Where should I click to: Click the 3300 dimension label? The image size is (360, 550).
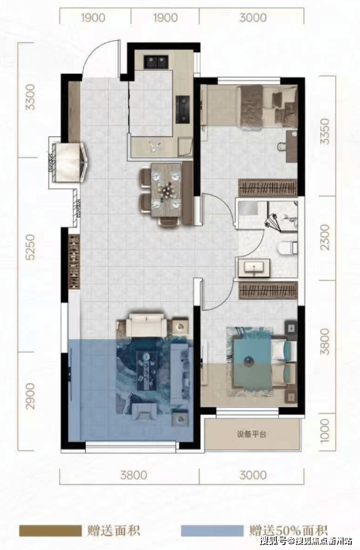[31, 97]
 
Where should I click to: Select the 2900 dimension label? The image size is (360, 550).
[31, 396]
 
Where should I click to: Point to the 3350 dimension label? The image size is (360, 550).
[325, 131]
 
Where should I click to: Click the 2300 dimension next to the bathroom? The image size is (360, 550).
[325, 237]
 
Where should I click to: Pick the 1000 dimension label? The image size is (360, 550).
[325, 430]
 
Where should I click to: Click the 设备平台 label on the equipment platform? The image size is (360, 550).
[251, 434]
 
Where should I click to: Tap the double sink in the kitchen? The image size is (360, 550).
[156, 62]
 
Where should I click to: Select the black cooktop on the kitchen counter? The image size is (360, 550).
[182, 109]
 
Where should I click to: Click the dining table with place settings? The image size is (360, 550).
[166, 190]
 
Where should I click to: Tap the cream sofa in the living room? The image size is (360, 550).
[146, 325]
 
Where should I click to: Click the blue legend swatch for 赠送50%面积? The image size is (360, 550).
[212, 530]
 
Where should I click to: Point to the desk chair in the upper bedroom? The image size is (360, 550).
[282, 146]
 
